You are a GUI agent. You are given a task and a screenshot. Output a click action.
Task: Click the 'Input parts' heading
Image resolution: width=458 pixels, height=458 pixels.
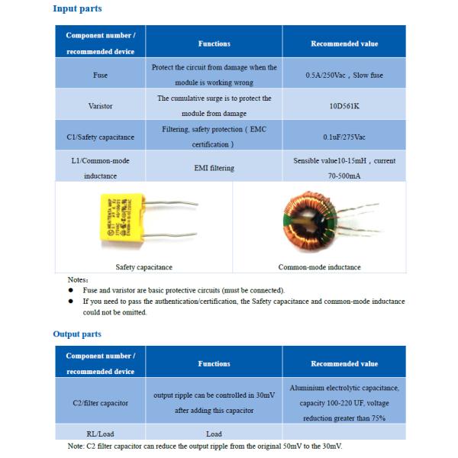(x=77, y=8)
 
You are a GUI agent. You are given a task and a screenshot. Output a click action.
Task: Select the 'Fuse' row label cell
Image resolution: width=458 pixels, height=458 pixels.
(x=100, y=76)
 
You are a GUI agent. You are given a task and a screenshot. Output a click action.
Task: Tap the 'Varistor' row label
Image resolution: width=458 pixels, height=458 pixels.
(x=100, y=106)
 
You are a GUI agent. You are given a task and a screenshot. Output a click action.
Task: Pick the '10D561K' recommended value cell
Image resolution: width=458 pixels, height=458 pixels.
(x=344, y=106)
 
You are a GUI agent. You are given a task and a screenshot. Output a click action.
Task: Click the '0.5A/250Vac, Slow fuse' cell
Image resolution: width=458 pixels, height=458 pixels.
(x=344, y=76)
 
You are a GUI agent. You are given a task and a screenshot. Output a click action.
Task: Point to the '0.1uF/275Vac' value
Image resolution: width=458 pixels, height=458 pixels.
(x=344, y=137)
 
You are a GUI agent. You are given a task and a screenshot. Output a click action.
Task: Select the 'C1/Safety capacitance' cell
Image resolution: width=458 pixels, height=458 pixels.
(x=100, y=137)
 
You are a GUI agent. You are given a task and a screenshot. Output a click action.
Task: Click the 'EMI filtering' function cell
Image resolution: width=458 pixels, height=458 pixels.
(x=214, y=167)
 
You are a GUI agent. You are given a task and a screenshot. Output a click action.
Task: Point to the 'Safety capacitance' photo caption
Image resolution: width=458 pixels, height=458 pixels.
(x=144, y=267)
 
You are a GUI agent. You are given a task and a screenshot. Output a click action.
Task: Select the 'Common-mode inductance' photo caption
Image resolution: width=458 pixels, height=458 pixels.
(x=320, y=267)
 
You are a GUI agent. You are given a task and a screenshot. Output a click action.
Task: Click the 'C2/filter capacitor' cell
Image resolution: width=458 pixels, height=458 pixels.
(x=100, y=402)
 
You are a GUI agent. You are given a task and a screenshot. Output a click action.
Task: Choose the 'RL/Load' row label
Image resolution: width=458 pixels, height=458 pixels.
(x=100, y=433)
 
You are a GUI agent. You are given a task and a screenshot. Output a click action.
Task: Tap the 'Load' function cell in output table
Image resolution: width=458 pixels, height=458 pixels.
(x=214, y=433)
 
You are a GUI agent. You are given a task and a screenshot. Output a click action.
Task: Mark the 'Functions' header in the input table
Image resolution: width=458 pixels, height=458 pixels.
(x=214, y=44)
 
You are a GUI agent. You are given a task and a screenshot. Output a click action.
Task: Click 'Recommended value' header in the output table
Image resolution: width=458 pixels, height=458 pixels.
(x=344, y=364)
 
